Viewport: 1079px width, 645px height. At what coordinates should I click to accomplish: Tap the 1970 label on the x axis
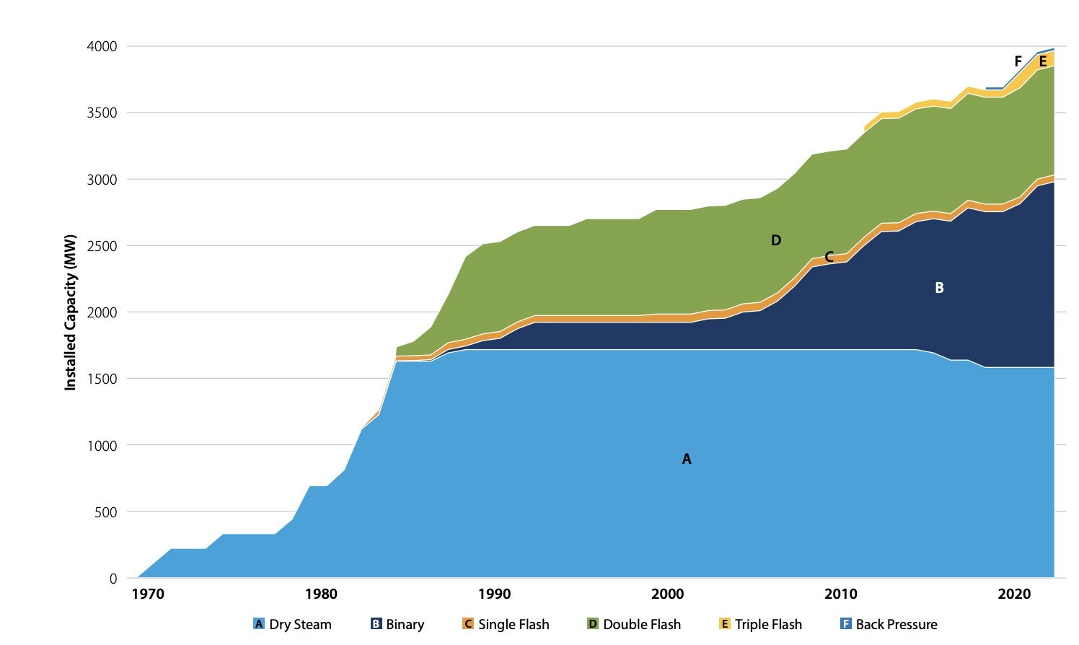click(x=147, y=594)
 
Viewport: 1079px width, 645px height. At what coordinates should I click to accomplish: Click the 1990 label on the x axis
click(x=494, y=594)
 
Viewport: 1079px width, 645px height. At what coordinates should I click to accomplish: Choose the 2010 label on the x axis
click(x=841, y=594)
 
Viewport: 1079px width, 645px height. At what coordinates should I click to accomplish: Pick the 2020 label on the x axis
click(x=1014, y=594)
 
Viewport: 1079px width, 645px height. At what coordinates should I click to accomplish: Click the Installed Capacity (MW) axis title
click(x=70, y=312)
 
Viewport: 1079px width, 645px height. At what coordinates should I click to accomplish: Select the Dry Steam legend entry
click(x=292, y=624)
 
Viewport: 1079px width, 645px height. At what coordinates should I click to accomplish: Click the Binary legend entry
click(x=397, y=624)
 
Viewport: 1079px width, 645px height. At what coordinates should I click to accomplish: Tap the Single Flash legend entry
click(x=506, y=624)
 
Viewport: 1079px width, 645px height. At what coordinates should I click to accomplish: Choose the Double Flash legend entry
click(x=633, y=624)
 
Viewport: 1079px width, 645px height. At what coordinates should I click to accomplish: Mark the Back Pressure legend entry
click(x=889, y=624)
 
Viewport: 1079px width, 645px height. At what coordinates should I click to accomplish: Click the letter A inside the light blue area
click(x=687, y=459)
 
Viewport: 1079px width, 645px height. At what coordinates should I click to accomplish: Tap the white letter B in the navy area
click(x=939, y=288)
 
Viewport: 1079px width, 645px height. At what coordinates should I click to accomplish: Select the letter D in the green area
click(x=776, y=240)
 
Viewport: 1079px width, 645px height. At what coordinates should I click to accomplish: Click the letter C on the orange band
click(x=829, y=257)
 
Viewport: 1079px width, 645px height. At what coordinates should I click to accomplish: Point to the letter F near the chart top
click(x=1018, y=61)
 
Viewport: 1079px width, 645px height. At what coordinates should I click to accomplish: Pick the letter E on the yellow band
click(x=1043, y=62)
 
